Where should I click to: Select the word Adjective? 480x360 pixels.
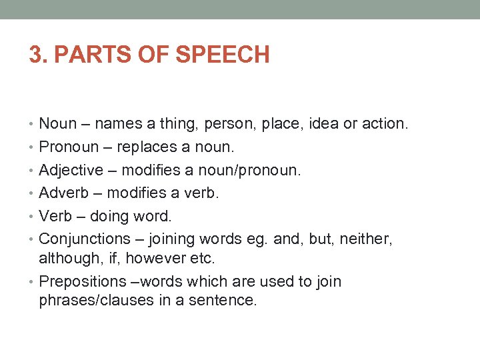[x=71, y=170]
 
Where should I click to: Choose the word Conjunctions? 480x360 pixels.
[x=85, y=239]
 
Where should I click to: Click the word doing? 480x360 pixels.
[x=109, y=217]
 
